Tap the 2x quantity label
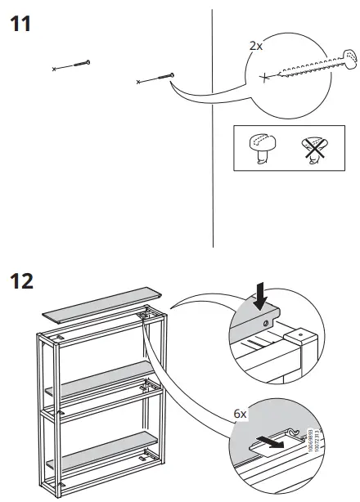click(x=255, y=46)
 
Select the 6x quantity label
click(x=240, y=415)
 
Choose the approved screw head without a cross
click(x=261, y=148)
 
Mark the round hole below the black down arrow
click(x=267, y=324)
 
